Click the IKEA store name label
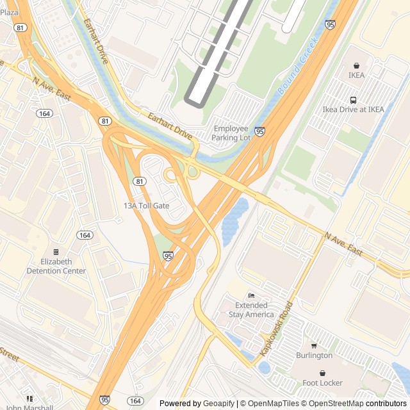[356, 75]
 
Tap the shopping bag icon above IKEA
[356, 65]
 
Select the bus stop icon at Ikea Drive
[353, 100]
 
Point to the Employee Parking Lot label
[231, 133]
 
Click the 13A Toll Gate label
[146, 206]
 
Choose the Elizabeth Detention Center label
[56, 266]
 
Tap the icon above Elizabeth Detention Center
[56, 252]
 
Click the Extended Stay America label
[251, 310]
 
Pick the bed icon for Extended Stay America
[251, 295]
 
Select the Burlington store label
[314, 356]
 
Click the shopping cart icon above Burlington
[314, 346]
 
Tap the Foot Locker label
[324, 383]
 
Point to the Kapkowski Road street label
[276, 329]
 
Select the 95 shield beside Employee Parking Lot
[260, 131]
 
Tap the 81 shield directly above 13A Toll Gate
[139, 182]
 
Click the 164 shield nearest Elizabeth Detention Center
[85, 235]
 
